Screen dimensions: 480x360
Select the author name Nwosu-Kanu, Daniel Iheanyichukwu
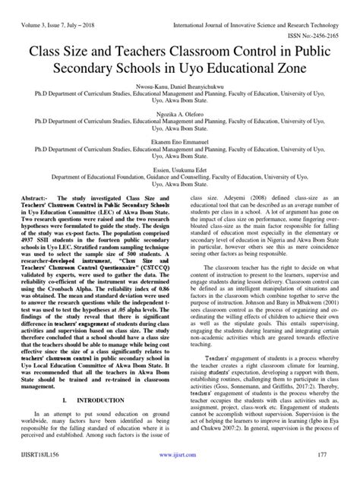[179, 87]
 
